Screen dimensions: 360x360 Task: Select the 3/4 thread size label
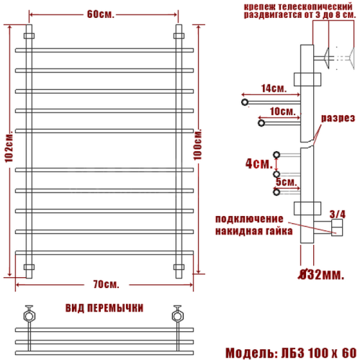[337, 214]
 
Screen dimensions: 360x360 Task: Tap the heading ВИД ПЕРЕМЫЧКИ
[104, 307]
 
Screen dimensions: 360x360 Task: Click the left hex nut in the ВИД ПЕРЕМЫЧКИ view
[29, 315]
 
